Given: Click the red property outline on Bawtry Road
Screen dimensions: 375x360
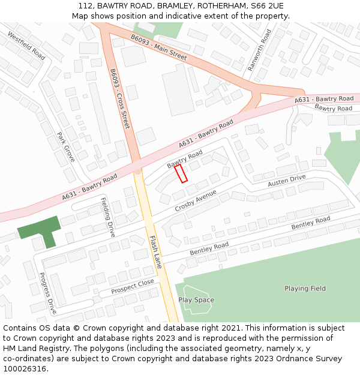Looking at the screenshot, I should tap(181, 173).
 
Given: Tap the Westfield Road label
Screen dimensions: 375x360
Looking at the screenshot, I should tap(26, 46).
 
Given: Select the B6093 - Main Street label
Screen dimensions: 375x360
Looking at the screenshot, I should tap(159, 48).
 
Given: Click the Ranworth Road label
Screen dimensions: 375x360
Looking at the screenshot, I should tap(260, 50).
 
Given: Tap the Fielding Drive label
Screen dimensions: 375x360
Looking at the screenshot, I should tap(107, 217).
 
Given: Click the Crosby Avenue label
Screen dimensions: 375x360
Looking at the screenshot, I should tap(196, 200).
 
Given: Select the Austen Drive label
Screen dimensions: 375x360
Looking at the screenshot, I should tap(286, 180).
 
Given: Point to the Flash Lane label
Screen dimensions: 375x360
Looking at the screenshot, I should tap(155, 251).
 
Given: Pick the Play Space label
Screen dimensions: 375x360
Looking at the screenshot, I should tap(196, 300).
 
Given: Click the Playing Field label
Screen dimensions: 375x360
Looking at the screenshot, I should tap(305, 289).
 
